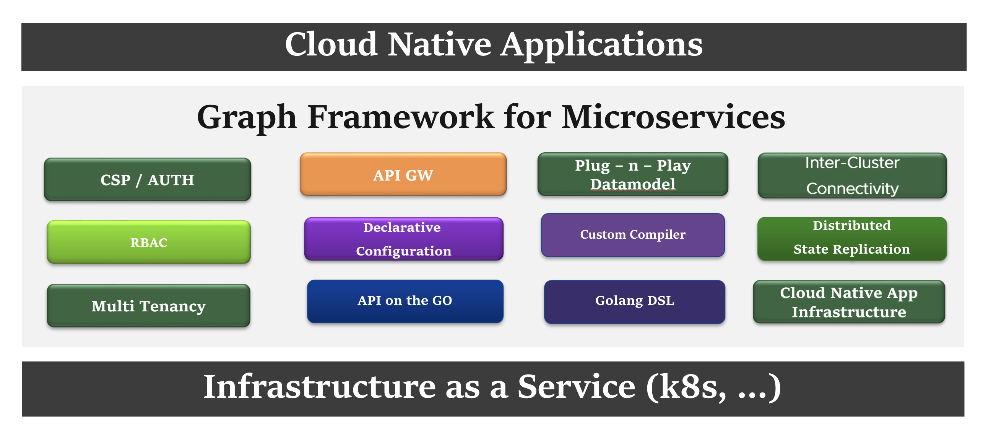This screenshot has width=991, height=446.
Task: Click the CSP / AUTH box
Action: (x=147, y=180)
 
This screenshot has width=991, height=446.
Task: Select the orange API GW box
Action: (x=403, y=175)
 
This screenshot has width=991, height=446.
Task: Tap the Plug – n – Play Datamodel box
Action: (x=632, y=175)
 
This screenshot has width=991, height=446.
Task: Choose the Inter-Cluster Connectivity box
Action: (x=852, y=176)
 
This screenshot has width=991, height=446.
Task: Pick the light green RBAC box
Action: (x=148, y=242)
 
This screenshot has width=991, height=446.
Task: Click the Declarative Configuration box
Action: (x=404, y=239)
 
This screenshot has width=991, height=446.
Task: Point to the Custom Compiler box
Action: (x=632, y=235)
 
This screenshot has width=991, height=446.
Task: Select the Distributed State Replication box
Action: (x=852, y=239)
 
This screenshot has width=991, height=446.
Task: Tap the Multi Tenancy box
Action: (x=148, y=306)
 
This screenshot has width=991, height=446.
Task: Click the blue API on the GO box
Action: (x=405, y=301)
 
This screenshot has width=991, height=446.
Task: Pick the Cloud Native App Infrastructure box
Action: (x=849, y=302)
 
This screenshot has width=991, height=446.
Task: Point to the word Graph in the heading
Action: (x=247, y=117)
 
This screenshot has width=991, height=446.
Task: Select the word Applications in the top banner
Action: (x=602, y=46)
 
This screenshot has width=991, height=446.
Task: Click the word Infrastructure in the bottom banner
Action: (x=319, y=387)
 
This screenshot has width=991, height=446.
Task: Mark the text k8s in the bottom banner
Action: (x=689, y=387)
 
